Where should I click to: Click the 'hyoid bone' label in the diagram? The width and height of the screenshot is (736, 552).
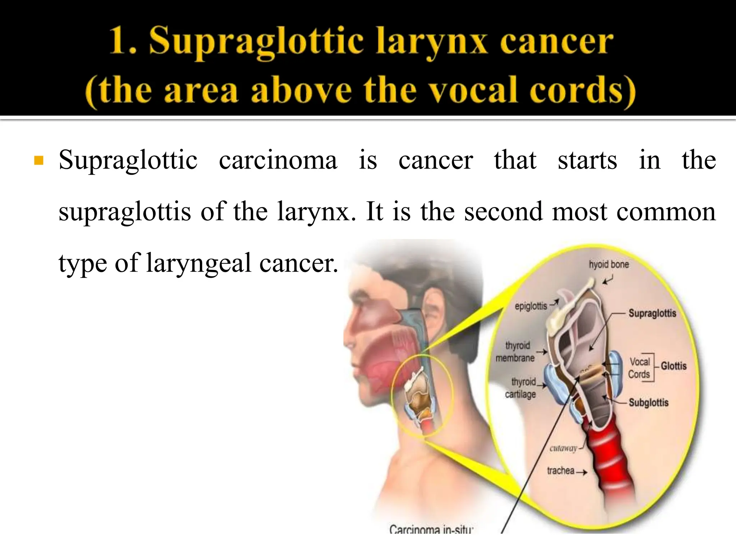608,264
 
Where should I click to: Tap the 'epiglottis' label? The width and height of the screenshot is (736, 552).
531,306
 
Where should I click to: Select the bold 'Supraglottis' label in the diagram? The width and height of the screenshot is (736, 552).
652,313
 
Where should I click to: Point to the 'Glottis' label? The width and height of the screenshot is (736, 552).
673,366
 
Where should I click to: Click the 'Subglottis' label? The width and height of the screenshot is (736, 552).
648,402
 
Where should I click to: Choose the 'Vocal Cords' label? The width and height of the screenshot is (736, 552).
639,368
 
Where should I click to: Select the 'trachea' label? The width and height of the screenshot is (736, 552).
560,470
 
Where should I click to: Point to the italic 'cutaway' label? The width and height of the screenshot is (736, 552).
563,448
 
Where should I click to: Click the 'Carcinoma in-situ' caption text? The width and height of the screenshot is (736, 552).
431,529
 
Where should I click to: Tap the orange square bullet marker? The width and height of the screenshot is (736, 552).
38,160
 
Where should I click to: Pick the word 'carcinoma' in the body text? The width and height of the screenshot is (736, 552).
278,160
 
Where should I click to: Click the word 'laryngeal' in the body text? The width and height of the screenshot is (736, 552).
199,263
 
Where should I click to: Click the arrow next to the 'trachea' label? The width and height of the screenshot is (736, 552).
581,472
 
